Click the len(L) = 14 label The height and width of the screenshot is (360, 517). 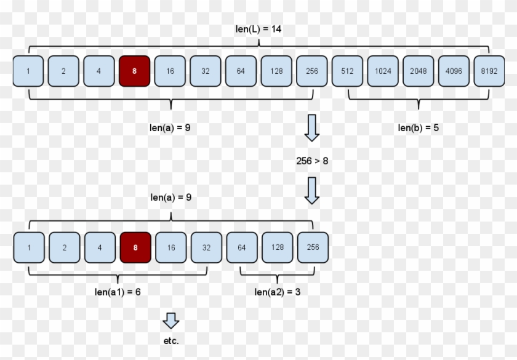[x=258, y=29]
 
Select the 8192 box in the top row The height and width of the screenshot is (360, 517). [x=489, y=71]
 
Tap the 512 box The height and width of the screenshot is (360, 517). [x=347, y=71]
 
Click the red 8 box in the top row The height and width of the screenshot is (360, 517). [x=134, y=71]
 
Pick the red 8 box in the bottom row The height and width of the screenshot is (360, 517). [x=135, y=247]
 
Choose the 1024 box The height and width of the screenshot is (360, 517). [x=383, y=71]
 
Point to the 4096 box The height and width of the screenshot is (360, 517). [x=454, y=71]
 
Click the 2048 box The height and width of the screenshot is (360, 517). [x=418, y=71]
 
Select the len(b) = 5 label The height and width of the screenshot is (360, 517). [x=418, y=128]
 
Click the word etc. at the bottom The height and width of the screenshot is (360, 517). [x=171, y=340]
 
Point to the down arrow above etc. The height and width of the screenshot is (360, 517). [x=171, y=320]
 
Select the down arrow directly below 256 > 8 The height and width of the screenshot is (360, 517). [x=313, y=191]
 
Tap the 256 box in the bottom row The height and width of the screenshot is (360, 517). [x=313, y=247]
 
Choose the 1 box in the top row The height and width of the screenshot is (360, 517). [x=28, y=71]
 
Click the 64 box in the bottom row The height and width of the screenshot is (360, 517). [x=242, y=247]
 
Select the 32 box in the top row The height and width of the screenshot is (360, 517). [x=206, y=71]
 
